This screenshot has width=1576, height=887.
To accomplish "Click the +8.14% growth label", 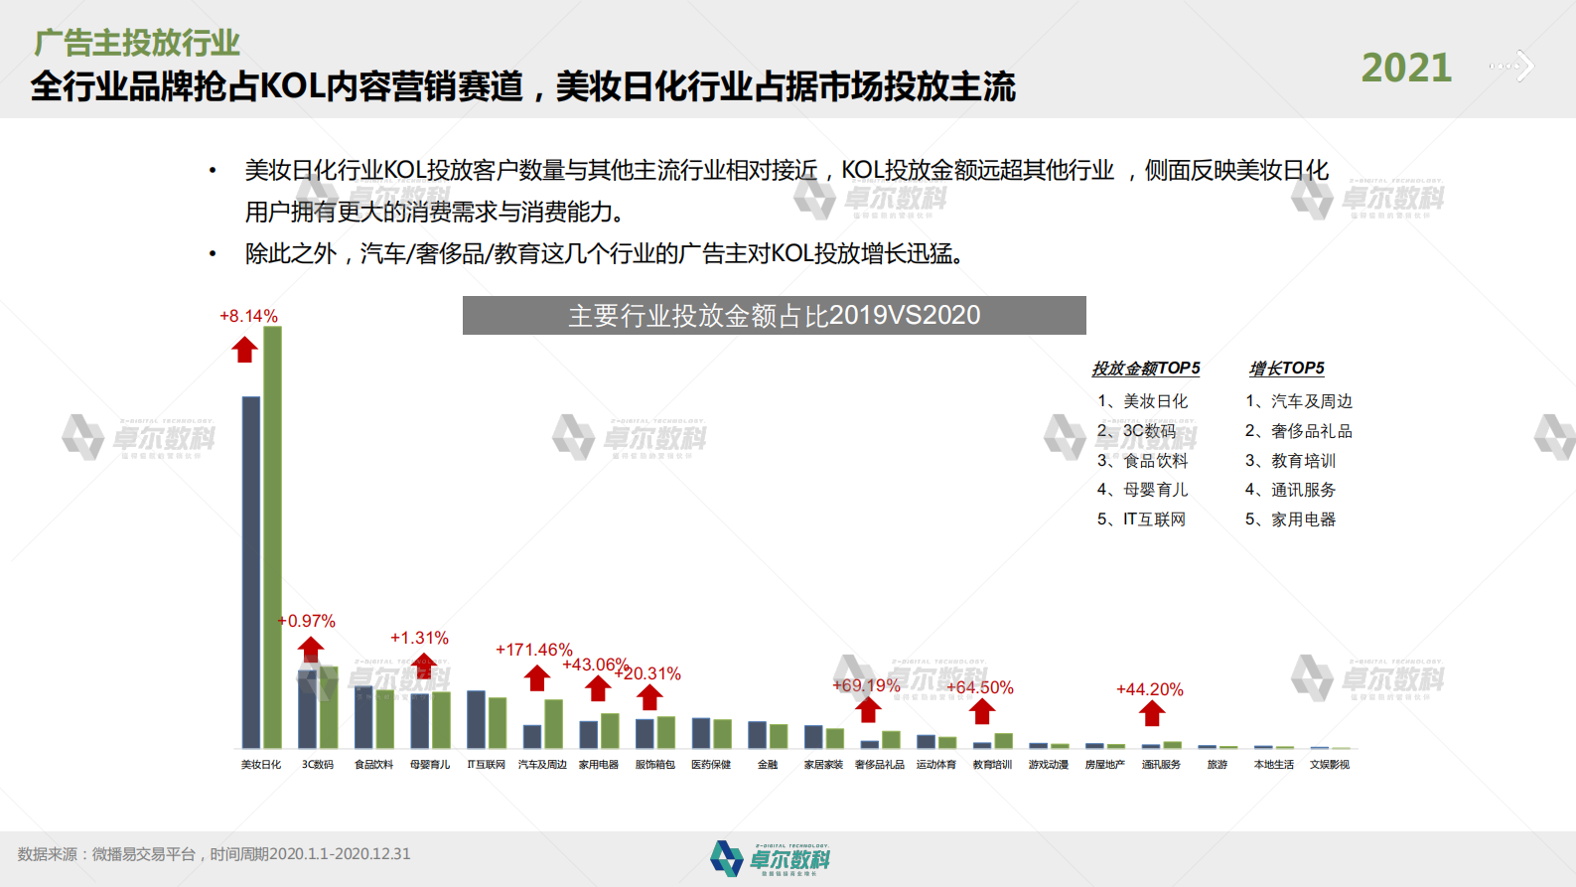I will click(248, 316).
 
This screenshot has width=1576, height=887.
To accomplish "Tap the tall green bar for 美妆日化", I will click(272, 536).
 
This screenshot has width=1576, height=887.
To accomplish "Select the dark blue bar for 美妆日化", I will click(251, 571).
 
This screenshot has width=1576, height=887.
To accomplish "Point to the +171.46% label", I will click(533, 650).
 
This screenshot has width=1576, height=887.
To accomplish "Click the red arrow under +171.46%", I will click(537, 678).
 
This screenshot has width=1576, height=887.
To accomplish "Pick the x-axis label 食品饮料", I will click(373, 765).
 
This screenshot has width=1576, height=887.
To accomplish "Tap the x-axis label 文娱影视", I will click(1329, 765).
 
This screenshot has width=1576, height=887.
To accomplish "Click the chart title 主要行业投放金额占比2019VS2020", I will click(774, 316).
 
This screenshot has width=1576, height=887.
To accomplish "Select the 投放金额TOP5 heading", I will click(1145, 369).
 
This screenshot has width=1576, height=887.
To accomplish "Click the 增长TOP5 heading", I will click(1286, 369).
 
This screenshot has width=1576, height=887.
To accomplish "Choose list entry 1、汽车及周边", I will click(1299, 401).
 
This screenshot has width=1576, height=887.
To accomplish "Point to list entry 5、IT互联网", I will click(1141, 519).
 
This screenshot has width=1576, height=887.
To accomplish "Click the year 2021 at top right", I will click(1405, 69).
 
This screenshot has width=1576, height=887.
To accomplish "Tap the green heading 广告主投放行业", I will click(137, 43).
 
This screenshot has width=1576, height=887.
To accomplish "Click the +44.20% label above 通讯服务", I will click(1149, 689).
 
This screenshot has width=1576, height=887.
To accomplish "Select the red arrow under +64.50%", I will click(982, 711).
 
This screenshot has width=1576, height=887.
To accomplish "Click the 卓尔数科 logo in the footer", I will click(771, 858).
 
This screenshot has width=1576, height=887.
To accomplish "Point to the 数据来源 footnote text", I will click(214, 854).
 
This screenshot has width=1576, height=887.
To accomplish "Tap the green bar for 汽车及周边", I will click(553, 724).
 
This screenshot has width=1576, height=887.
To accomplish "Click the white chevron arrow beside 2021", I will click(1523, 67).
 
